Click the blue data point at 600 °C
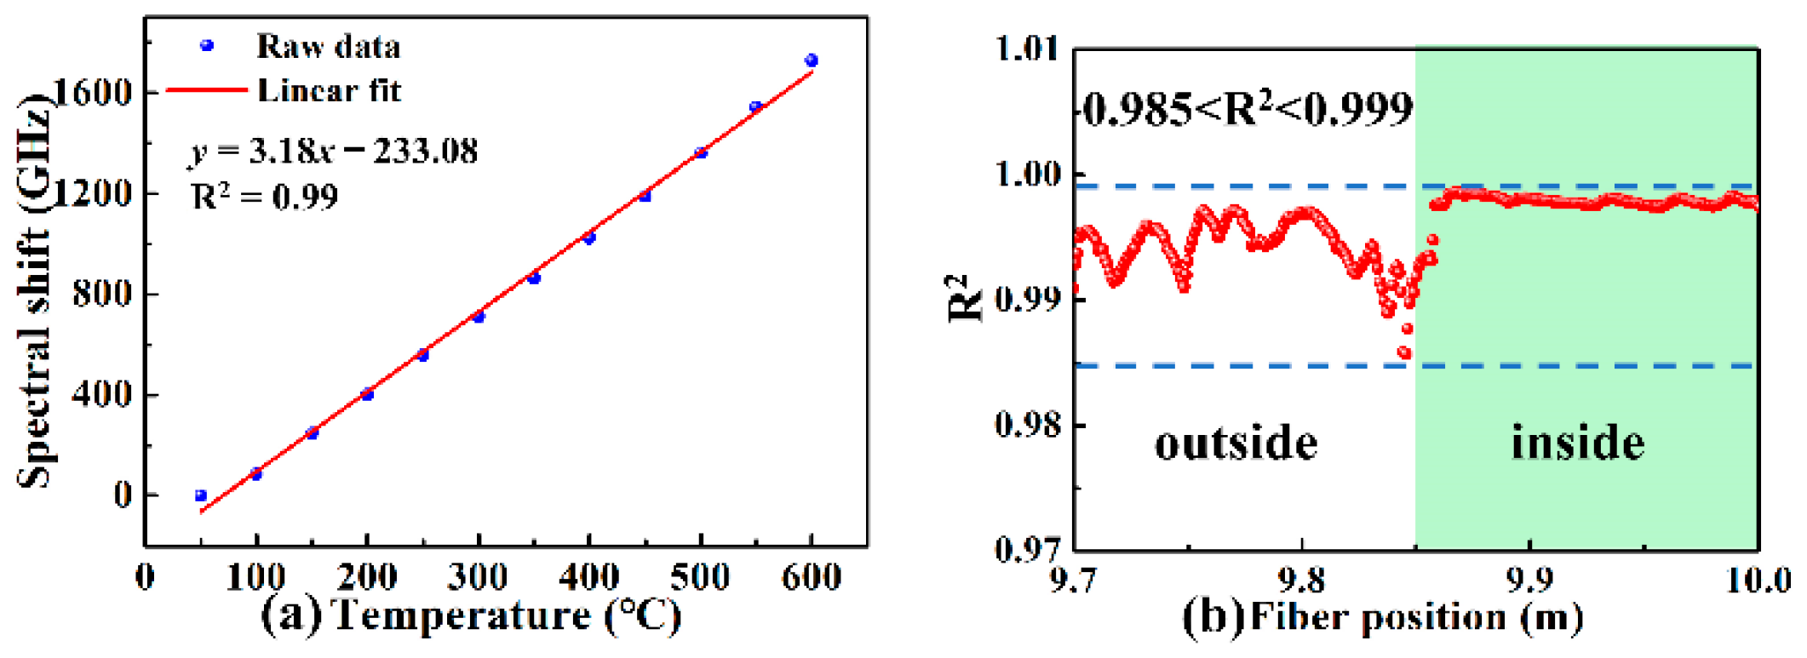[811, 60]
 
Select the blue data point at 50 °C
[201, 495]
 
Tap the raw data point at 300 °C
[479, 317]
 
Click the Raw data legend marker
[206, 46]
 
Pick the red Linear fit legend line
[207, 89]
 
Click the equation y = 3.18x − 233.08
[333, 152]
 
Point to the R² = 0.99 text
[264, 197]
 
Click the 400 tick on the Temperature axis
[589, 577]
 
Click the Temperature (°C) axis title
[506, 615]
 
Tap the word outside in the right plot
[1236, 443]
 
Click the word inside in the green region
[1578, 443]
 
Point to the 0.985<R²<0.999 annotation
[1248, 109]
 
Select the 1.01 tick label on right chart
[1028, 49]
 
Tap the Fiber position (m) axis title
[1416, 617]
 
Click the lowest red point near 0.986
[1404, 352]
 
